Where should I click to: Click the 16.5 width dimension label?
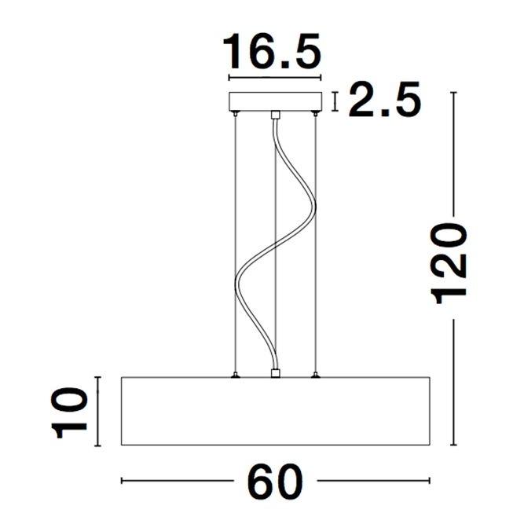click(272, 51)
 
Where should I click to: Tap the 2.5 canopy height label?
click(384, 100)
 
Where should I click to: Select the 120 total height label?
click(449, 263)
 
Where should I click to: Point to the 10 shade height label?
click(69, 412)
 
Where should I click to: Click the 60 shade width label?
click(275, 481)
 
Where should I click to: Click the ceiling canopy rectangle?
click(275, 101)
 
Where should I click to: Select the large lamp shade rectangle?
click(276, 411)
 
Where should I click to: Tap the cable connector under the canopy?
click(275, 115)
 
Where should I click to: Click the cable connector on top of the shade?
click(275, 373)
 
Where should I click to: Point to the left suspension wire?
click(236, 244)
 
